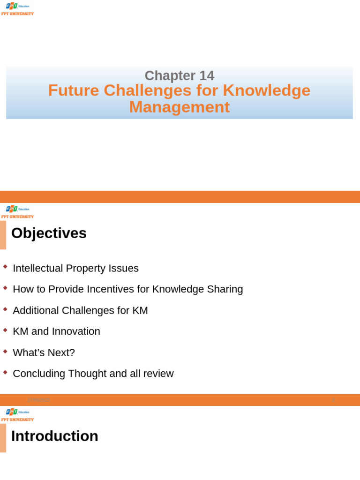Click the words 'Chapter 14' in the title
tap(179, 75)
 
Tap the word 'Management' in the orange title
tap(179, 107)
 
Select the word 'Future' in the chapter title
tap(74, 90)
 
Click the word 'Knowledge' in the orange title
tap(266, 90)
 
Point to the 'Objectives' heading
tap(49, 233)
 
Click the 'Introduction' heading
tap(54, 436)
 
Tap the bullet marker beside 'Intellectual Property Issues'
tap(5, 267)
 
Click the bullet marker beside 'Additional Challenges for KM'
tap(5, 309)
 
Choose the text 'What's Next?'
tap(44, 352)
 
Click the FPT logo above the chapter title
tap(17, 9)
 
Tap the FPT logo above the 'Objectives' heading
tap(17, 212)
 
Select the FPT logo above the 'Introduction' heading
tap(17, 415)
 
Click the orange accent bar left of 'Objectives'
tap(3, 235)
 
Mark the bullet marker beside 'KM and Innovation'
tap(5, 330)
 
